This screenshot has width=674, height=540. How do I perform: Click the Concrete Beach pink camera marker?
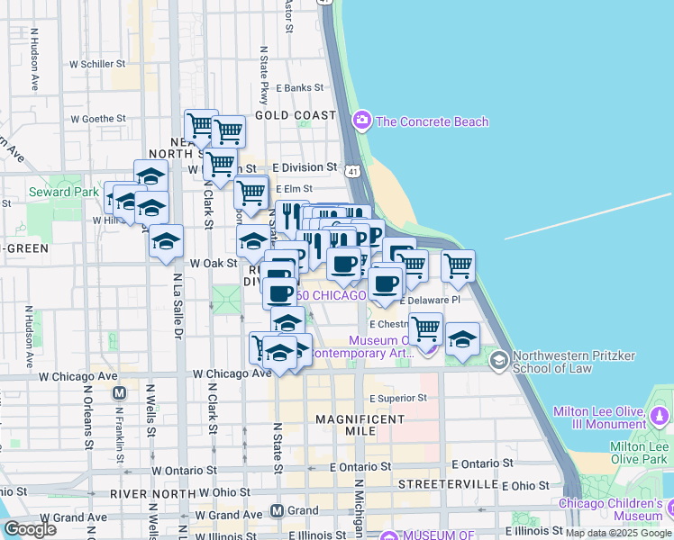tap(362, 120)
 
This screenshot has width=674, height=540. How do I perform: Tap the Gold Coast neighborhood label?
tap(296, 115)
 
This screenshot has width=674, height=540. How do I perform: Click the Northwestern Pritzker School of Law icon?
tap(498, 360)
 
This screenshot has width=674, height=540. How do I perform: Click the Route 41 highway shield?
tap(353, 170)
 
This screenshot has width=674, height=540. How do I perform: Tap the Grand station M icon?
tap(278, 510)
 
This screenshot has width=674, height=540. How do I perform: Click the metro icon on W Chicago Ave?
tap(118, 393)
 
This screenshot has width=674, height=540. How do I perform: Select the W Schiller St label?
tap(96, 64)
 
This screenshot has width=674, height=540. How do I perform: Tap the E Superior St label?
tap(396, 398)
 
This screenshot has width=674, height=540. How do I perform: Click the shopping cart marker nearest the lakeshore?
tap(458, 265)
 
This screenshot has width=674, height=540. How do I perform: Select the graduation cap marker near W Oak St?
tap(166, 241)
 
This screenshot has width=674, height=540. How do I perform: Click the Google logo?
tap(29, 529)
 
